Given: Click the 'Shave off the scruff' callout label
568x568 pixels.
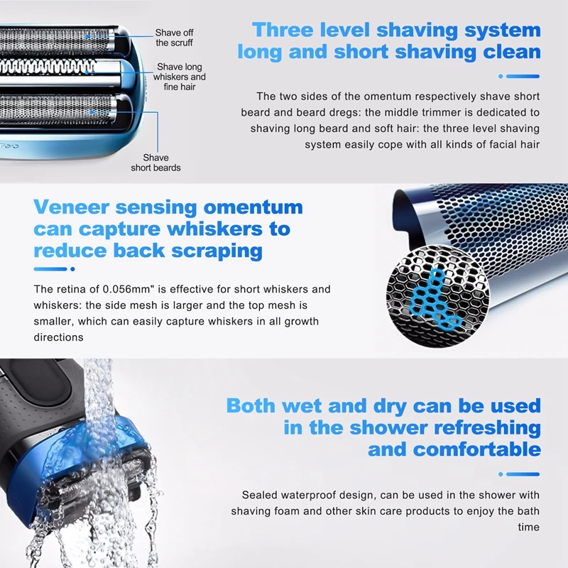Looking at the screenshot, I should (174, 38).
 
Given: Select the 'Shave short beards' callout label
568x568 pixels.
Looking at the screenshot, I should (155, 163).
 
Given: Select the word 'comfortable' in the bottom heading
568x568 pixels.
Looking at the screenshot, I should (477, 449).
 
